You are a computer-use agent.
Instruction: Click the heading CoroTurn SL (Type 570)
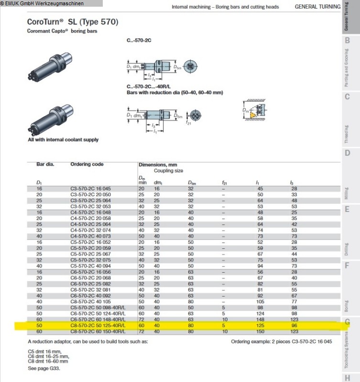coord(73,22)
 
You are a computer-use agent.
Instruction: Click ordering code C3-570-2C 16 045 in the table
coord(90,189)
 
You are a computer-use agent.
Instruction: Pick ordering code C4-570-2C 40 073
coord(90,236)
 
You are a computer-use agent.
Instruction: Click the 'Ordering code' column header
coord(87,164)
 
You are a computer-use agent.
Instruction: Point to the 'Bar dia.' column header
coord(45,164)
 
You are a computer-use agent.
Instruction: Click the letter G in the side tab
coord(348,322)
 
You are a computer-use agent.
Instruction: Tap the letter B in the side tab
coord(348,41)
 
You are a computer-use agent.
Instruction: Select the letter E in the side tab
coord(348,209)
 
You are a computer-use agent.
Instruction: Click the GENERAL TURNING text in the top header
coord(317,7)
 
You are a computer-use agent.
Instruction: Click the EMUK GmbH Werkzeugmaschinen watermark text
coord(42,3)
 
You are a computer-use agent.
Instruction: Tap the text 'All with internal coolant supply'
coord(63,140)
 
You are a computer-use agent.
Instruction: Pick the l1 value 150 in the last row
coord(260,331)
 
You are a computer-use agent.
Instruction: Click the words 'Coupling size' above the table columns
coord(168,170)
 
